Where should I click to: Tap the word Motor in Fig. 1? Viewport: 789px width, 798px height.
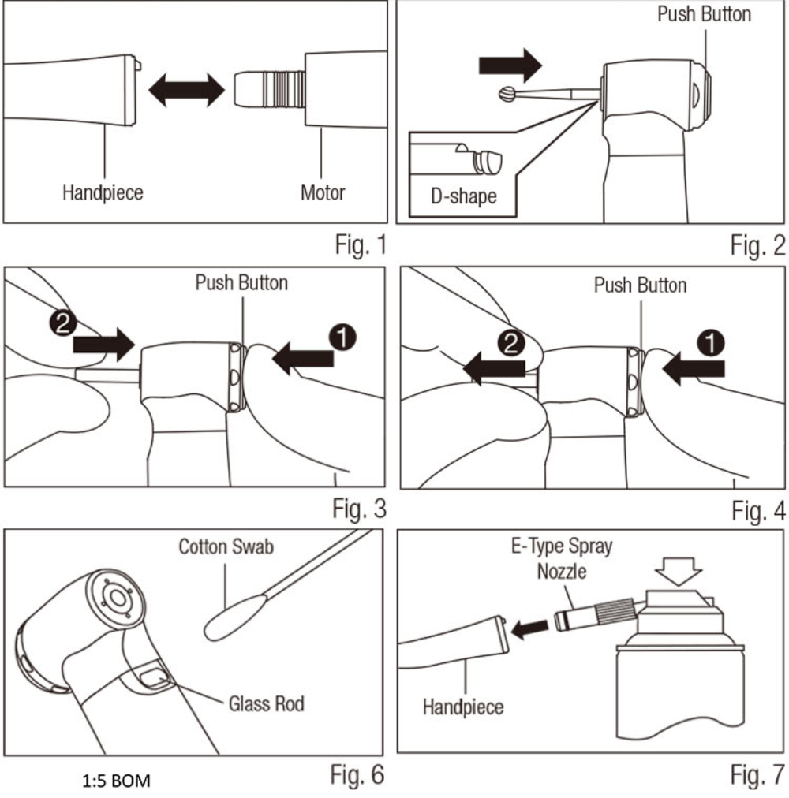323,192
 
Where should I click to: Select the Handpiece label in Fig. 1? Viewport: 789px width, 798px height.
103,192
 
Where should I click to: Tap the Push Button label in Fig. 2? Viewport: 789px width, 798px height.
704,14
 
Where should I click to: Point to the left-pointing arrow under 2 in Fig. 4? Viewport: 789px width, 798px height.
496,367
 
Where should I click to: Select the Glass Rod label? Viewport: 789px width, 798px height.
266,703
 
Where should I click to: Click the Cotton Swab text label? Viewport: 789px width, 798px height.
226,546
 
